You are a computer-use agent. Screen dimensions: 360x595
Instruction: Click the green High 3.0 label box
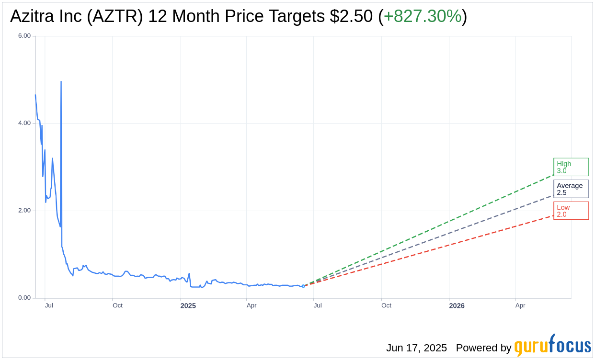click(x=571, y=167)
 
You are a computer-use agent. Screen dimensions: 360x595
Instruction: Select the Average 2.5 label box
click(x=571, y=189)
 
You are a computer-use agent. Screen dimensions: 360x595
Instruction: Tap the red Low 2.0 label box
click(x=571, y=211)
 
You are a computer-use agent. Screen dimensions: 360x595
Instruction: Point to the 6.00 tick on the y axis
click(x=24, y=36)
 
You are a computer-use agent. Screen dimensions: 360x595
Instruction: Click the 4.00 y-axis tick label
click(x=24, y=123)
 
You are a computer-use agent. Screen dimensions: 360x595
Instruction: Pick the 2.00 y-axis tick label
click(x=24, y=211)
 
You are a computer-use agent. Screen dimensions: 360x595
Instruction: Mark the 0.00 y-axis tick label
click(x=24, y=298)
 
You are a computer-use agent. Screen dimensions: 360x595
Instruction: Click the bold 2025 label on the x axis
click(x=188, y=306)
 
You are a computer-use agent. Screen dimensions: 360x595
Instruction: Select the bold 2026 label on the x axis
click(x=457, y=306)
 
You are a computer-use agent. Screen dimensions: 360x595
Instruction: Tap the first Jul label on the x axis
click(x=49, y=305)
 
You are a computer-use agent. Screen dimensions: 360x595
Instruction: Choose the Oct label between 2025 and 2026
click(x=386, y=305)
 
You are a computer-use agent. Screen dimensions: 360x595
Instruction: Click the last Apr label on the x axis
click(x=520, y=305)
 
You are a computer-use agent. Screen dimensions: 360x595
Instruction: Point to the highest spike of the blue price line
click(x=61, y=82)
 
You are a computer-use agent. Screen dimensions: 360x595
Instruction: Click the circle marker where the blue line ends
click(x=303, y=286)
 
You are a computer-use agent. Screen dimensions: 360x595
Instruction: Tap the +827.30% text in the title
click(x=423, y=16)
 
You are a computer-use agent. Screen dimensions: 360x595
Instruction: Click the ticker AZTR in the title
click(x=117, y=16)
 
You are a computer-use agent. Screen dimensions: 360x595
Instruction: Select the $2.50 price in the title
click(x=351, y=16)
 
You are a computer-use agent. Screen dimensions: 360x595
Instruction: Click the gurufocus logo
click(x=552, y=346)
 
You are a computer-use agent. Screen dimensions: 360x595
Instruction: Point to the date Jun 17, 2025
click(x=416, y=348)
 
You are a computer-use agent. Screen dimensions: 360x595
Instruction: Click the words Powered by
click(x=483, y=348)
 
